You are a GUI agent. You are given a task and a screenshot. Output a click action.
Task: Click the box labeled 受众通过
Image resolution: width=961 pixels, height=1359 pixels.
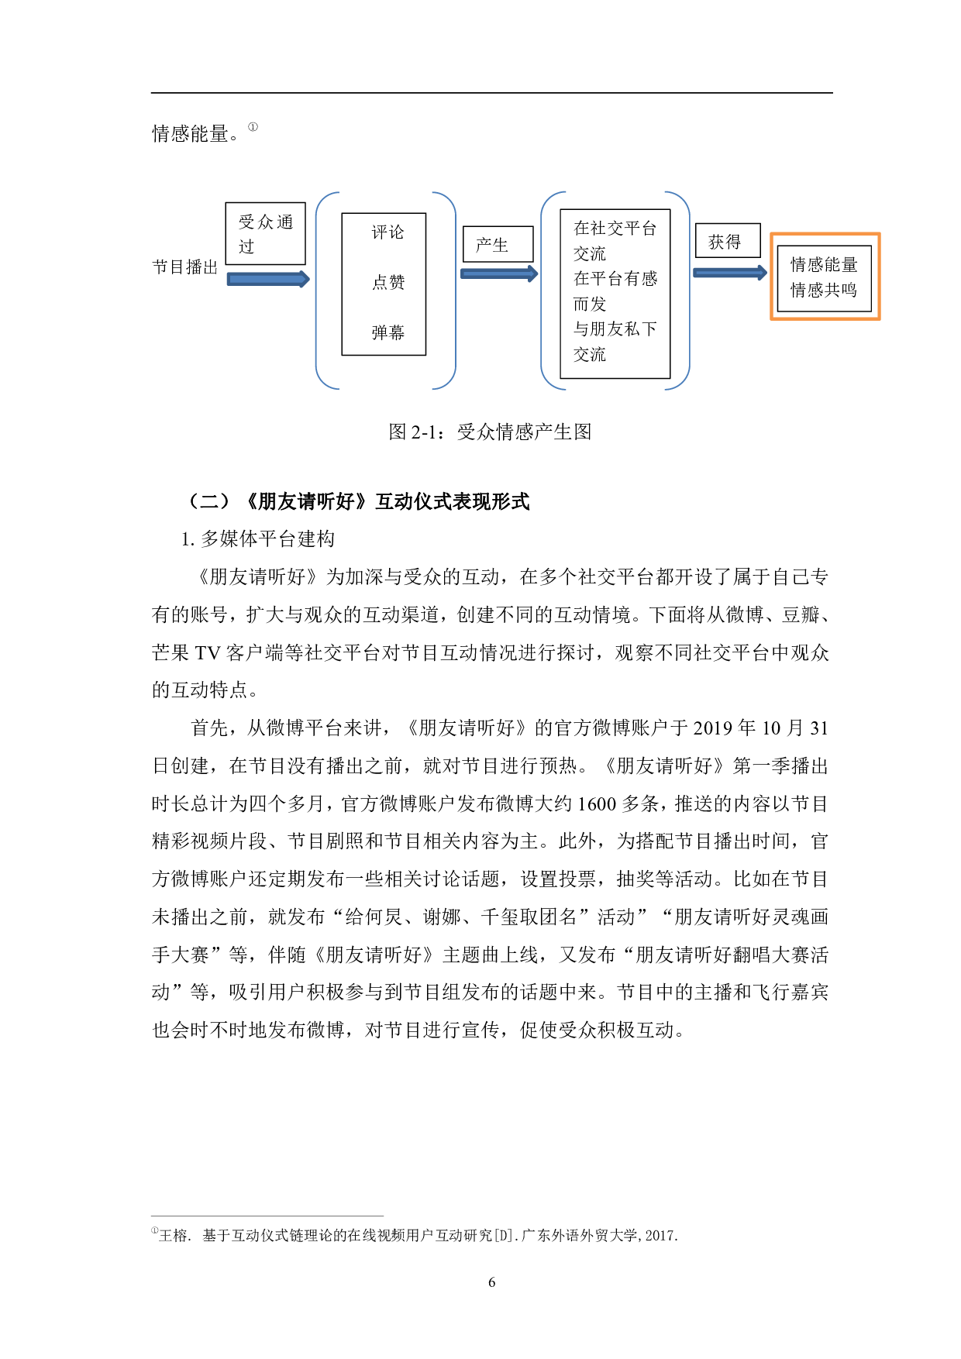[265, 233]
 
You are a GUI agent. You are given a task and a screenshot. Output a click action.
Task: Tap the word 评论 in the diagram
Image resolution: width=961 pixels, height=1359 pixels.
[387, 232]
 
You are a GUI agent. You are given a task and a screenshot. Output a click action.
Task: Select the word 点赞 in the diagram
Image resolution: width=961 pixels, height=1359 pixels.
[387, 282]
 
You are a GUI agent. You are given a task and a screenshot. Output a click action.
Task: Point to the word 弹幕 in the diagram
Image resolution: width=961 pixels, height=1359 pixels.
[387, 332]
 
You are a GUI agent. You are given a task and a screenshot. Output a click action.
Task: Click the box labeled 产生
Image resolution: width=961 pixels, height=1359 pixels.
[498, 244]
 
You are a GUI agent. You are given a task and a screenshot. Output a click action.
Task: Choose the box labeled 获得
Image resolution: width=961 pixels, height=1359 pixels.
[727, 242]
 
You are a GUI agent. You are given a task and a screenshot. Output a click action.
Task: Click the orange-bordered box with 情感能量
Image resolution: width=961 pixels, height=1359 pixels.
[825, 277]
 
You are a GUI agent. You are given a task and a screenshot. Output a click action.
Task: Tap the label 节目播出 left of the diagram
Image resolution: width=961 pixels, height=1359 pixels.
[185, 267]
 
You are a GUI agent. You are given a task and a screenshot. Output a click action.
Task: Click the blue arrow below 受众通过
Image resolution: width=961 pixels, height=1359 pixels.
[267, 279]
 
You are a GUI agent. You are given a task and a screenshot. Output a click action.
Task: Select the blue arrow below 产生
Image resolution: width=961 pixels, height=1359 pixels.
[498, 274]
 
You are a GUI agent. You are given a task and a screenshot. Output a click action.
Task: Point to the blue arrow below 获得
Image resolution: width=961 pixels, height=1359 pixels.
[729, 273]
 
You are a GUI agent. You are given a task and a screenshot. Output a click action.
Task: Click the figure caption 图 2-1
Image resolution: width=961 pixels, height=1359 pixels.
[490, 432]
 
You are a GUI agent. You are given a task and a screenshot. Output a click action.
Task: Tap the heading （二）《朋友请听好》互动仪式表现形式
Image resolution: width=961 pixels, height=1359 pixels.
[359, 501]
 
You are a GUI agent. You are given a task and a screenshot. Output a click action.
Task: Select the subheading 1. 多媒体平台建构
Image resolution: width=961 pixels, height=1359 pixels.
[258, 538]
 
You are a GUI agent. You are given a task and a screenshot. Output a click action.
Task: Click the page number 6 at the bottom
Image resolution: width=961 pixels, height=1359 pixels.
[491, 1282]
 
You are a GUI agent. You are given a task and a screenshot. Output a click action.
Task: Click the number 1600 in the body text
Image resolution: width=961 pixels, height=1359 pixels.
[597, 803]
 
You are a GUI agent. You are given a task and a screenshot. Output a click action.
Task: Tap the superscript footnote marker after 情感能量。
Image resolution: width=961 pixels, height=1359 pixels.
[253, 127]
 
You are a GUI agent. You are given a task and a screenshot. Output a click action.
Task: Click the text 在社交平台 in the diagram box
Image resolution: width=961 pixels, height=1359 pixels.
[615, 229]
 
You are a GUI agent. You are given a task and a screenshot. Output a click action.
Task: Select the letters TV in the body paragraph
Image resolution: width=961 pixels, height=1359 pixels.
[207, 653]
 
